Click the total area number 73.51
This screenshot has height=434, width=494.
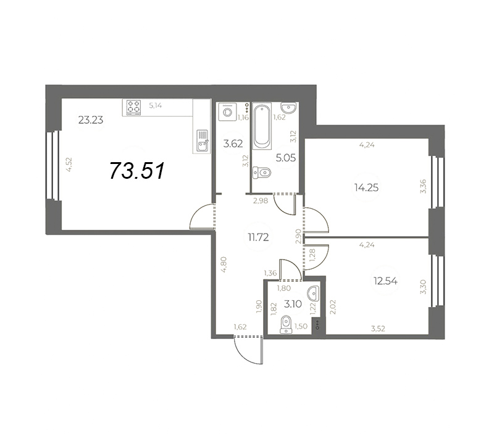pos(137,171)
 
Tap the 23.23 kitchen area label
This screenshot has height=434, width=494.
pos(91,120)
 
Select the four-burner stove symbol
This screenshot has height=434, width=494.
pos(133,107)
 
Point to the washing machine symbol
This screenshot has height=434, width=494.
pos(227,112)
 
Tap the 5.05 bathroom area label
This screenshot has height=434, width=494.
pos(285,158)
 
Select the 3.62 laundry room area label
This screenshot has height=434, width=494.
pos(233,144)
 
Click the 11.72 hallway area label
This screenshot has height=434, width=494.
pos(258,237)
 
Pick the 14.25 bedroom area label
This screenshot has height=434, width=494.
pos(366,188)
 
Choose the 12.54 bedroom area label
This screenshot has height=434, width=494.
pos(385,281)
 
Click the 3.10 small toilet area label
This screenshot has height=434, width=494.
pos(293,304)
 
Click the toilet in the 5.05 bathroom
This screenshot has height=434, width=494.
pos(262,173)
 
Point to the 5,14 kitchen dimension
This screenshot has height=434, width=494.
pos(156,105)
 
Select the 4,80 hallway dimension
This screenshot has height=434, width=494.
pos(224,264)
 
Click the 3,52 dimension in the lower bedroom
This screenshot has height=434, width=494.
pos(378,329)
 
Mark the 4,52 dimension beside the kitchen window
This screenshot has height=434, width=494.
pos(69,164)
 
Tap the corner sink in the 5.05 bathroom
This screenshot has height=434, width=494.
pos(288,107)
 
